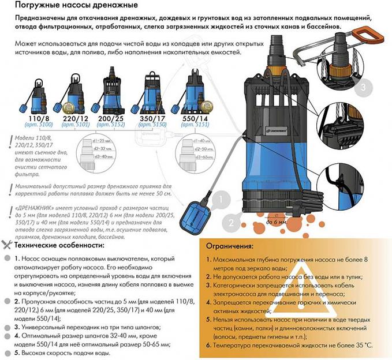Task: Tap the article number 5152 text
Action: pyautogui.click(x=113, y=124)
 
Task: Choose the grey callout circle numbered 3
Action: pyautogui.click(x=360, y=88)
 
